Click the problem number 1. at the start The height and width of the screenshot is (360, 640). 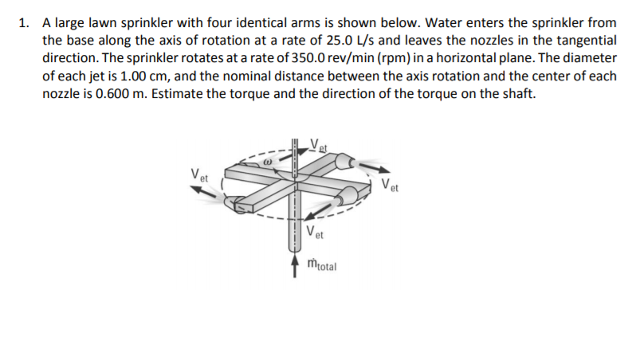(23, 22)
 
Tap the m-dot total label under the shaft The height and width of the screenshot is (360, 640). (322, 264)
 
